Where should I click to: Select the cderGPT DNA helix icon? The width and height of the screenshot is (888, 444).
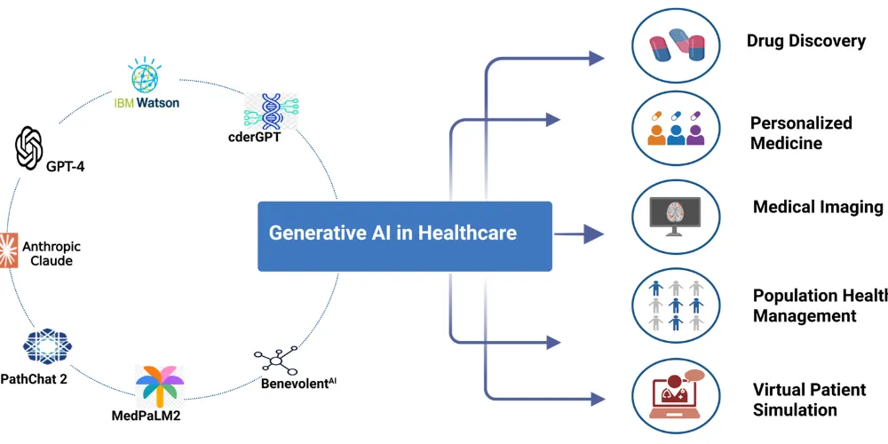coord(271,112)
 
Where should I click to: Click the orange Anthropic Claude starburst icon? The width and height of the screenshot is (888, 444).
coord(8,250)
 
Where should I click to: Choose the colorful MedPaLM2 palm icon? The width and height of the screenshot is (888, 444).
coord(159,384)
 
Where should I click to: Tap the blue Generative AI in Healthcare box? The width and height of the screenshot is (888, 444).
coord(405,236)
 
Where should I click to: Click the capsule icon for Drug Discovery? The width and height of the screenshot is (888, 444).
coord(675,44)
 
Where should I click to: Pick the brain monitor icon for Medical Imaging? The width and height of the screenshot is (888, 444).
coord(675,213)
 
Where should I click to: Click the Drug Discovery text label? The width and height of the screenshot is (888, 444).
coord(805,41)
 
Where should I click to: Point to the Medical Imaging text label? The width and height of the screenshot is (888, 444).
coord(818,207)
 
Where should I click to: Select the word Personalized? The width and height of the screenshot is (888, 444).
coord(801,123)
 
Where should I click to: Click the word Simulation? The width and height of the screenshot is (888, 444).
coord(795,409)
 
